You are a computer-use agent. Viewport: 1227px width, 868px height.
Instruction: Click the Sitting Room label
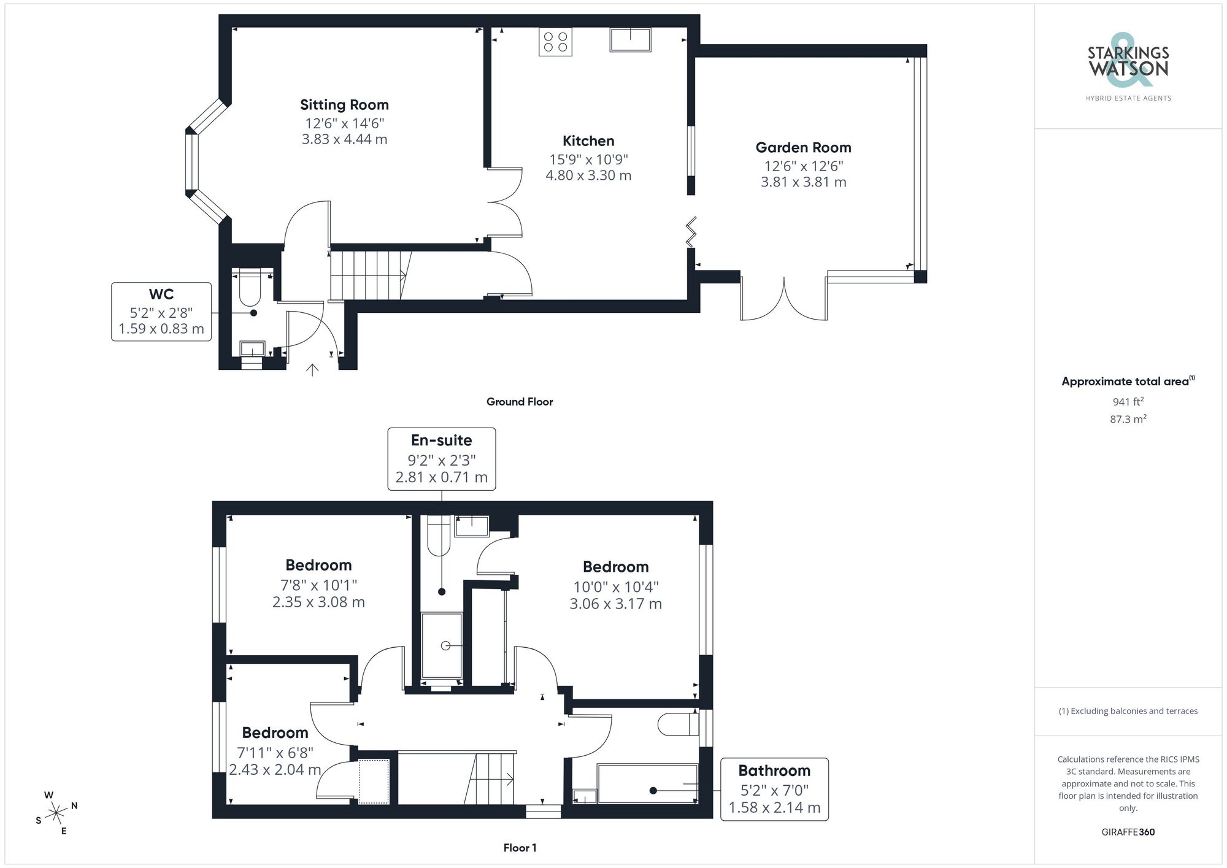[344, 105]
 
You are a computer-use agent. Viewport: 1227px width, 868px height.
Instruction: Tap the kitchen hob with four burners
[555, 42]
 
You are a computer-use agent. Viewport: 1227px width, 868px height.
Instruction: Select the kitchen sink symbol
[630, 40]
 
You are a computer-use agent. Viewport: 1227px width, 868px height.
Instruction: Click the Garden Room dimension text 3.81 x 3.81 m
[803, 182]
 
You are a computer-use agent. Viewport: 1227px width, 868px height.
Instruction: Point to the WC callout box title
[161, 294]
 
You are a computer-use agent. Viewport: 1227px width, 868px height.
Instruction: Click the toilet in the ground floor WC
[250, 288]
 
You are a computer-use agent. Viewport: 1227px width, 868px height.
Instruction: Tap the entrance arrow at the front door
[312, 369]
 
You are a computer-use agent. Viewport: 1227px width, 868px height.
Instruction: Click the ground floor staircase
[367, 275]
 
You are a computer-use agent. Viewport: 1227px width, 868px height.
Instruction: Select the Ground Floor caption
[519, 402]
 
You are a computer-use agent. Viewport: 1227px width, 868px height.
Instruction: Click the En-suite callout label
[441, 440]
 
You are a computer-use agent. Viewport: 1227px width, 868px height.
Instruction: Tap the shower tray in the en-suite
[442, 645]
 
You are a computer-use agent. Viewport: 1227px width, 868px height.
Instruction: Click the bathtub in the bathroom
[647, 783]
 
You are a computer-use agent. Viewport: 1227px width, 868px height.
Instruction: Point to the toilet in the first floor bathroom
[677, 724]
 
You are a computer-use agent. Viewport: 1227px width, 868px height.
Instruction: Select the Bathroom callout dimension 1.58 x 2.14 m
[774, 808]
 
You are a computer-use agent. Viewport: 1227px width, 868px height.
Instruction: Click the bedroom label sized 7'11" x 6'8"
[275, 733]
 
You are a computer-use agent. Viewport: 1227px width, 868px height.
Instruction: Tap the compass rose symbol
[56, 813]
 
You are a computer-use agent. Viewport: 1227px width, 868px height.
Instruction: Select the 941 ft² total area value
[1128, 402]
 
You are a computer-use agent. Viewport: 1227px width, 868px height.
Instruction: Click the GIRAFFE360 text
[1128, 832]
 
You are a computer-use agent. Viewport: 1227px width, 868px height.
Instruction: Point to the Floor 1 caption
[520, 848]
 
